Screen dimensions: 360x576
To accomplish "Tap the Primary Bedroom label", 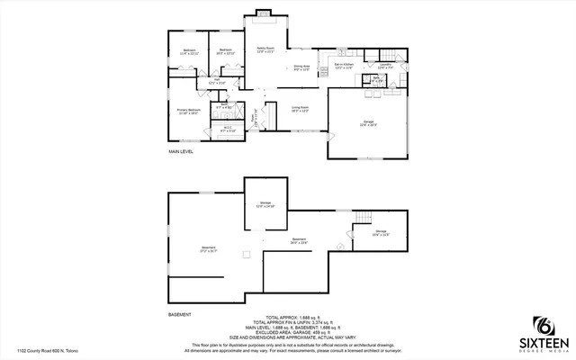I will point(188,111).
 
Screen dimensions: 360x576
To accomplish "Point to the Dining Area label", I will point(301,66).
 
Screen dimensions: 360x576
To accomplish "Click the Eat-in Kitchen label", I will point(344,66).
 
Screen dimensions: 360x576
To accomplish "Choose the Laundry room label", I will point(383,65).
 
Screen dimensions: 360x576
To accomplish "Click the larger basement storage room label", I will point(265,203).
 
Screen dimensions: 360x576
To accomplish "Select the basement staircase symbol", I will point(364,220).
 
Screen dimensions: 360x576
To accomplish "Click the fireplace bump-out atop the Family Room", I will point(262,13).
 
